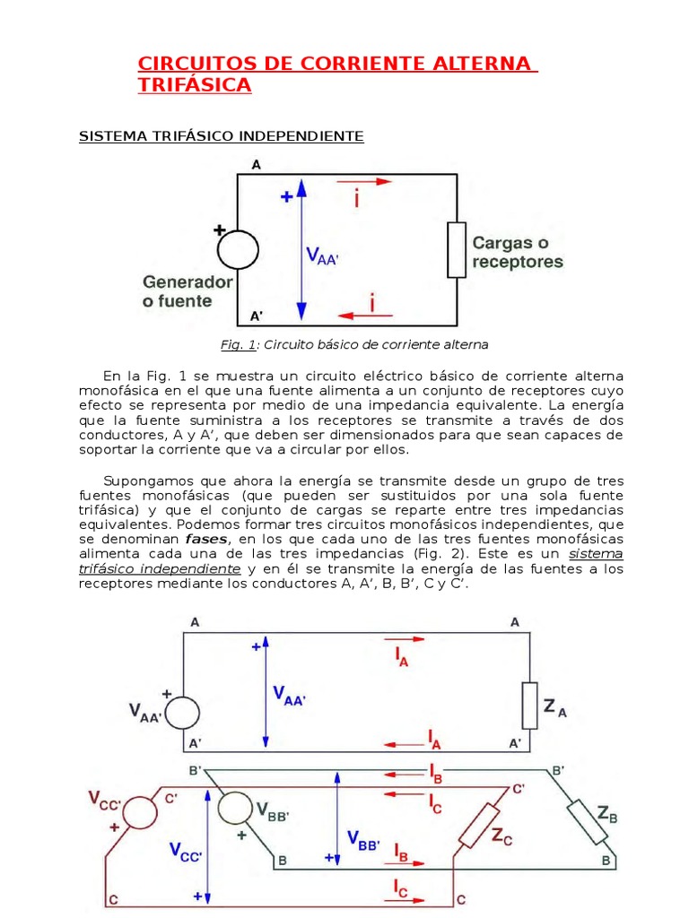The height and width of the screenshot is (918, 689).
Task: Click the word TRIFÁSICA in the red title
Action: [195, 85]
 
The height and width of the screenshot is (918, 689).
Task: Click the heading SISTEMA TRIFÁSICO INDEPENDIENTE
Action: [222, 136]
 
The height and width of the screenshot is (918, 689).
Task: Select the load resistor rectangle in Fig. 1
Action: [457, 250]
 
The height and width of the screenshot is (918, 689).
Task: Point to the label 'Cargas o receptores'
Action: [518, 252]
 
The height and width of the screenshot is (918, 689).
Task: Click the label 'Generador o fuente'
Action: [188, 291]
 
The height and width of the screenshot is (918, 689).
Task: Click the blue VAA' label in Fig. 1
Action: [322, 255]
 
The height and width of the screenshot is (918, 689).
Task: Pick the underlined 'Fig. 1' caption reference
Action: [238, 345]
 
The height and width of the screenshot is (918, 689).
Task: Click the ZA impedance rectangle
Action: [529, 706]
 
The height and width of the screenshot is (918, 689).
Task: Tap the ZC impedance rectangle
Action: [479, 826]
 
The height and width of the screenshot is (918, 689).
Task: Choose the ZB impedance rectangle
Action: [588, 822]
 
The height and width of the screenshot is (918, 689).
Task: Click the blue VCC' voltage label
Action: [186, 852]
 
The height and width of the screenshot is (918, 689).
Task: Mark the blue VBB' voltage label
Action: [364, 840]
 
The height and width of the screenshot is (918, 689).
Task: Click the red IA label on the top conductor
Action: [401, 657]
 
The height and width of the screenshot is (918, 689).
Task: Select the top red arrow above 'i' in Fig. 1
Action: [364, 181]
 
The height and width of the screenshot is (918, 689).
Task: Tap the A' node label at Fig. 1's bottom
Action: [256, 316]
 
